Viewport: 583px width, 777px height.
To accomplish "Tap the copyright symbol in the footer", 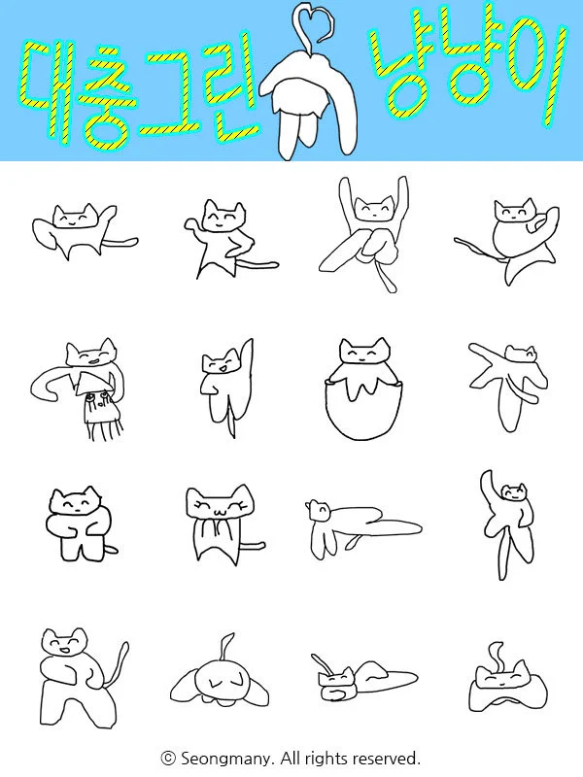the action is point(168,758).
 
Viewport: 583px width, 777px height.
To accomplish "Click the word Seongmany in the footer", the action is point(226,759).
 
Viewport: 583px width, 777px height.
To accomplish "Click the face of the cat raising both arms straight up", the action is point(374,211).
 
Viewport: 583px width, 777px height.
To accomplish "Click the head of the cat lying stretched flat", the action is point(319,511).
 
